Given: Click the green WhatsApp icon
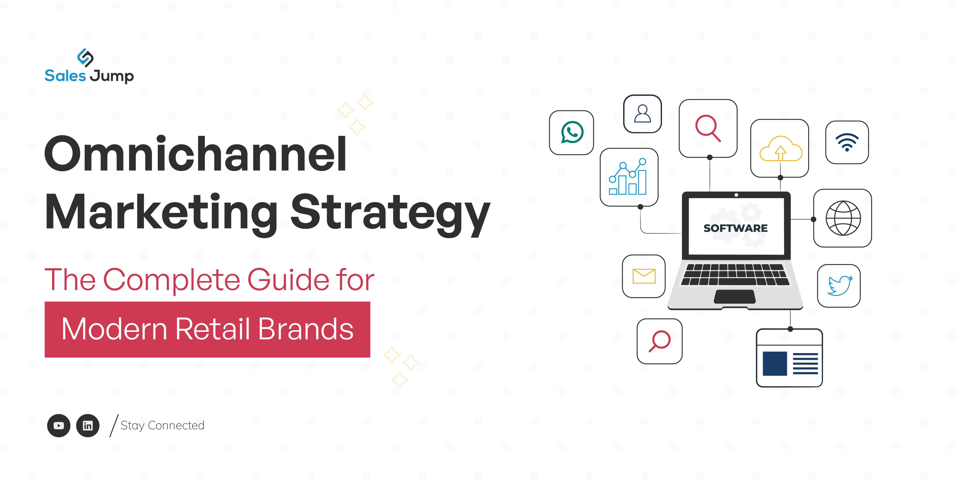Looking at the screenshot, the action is click(x=572, y=132).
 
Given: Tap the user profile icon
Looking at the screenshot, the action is click(x=642, y=114).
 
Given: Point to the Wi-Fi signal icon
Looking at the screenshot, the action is click(x=847, y=142).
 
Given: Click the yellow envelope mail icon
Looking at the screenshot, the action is click(x=644, y=276).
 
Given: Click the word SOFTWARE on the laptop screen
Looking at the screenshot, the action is click(x=736, y=228).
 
